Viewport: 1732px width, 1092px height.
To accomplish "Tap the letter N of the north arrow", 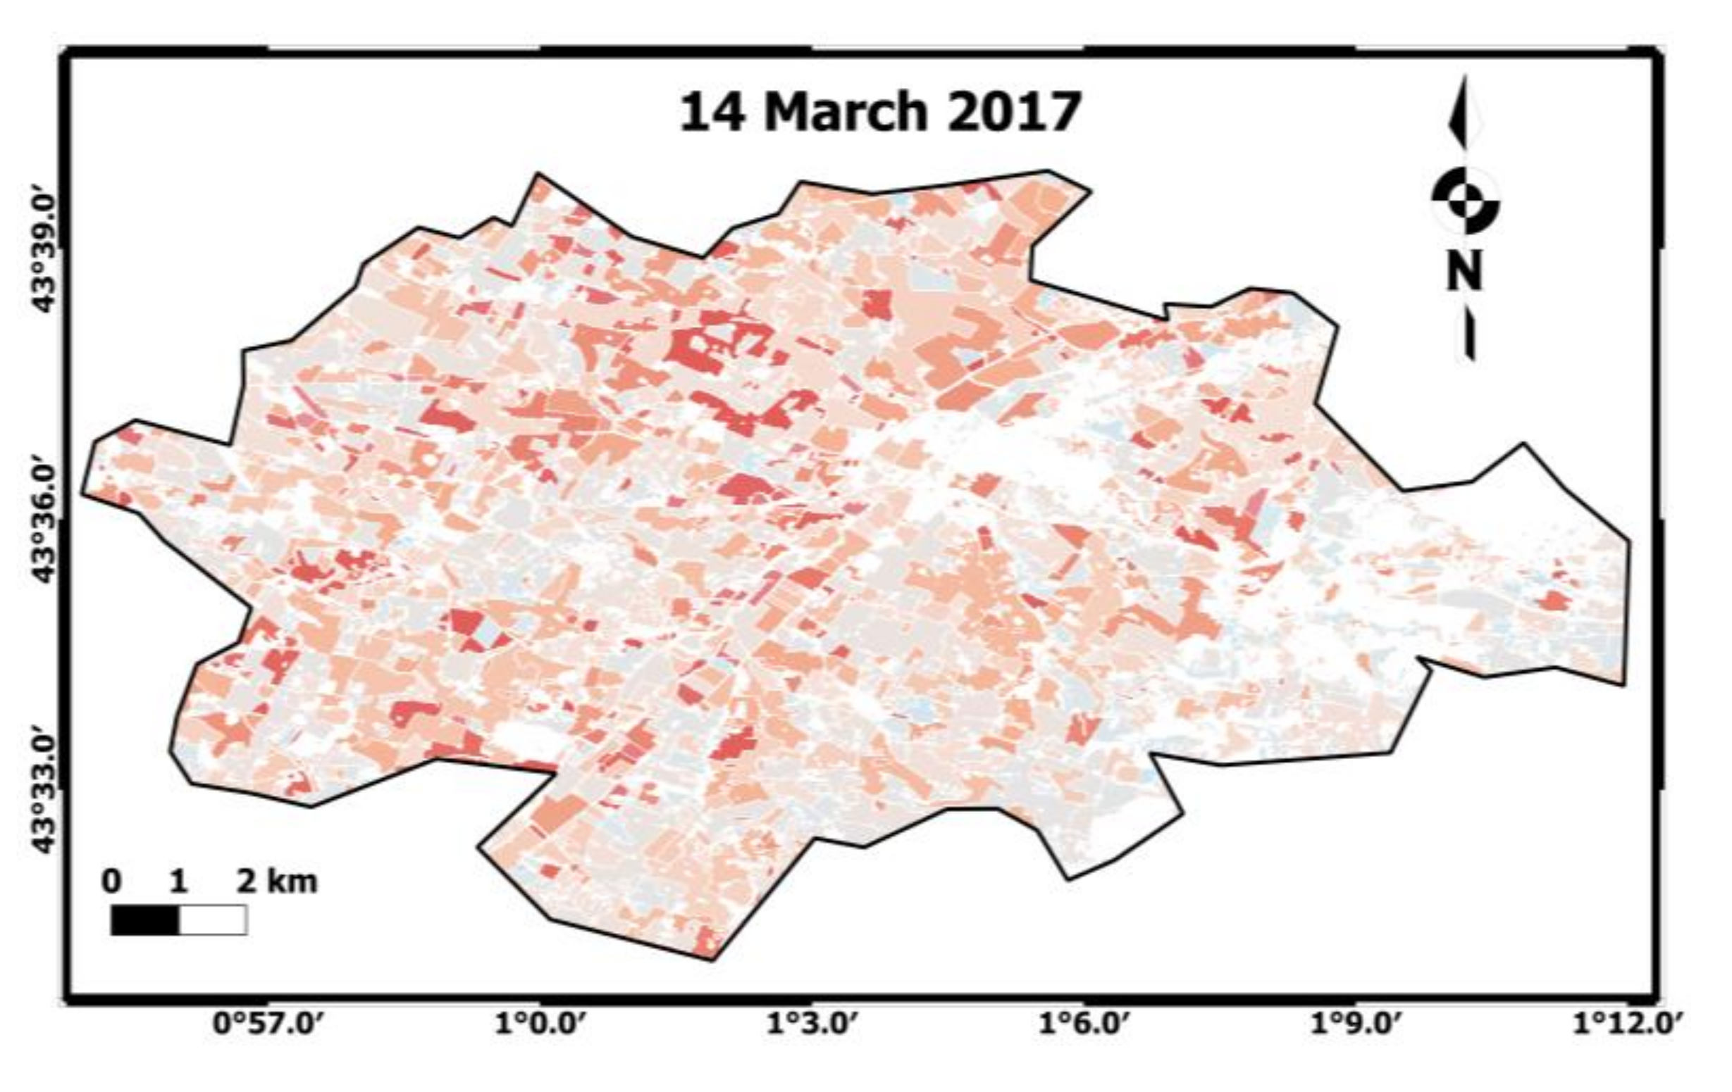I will (x=1464, y=270).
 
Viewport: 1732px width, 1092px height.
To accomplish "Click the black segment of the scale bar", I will (x=144, y=920).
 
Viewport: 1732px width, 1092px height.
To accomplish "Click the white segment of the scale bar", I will (x=213, y=920).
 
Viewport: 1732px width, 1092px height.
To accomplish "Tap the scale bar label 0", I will (x=111, y=881).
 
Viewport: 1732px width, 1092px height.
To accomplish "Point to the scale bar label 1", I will (x=178, y=881).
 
